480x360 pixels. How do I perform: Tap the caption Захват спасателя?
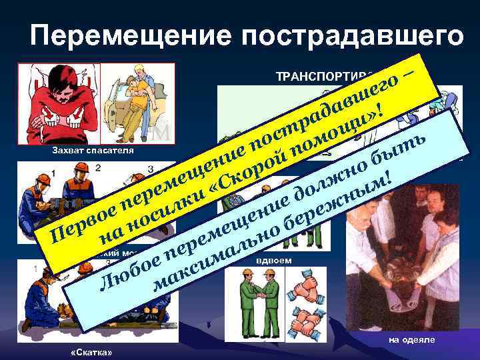coord(93,151)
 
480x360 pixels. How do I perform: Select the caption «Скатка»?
coord(91,351)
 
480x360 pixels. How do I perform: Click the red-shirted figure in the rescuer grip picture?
coord(59,100)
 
